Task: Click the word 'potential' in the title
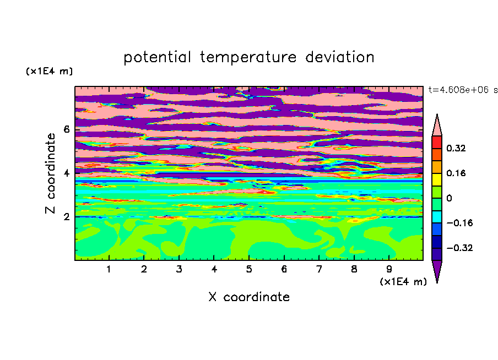point(158,57)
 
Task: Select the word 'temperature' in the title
point(248,57)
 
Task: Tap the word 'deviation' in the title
point(340,57)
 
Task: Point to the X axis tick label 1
point(109,269)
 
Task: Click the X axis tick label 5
point(249,269)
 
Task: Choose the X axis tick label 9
point(389,269)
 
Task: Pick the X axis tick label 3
point(179,269)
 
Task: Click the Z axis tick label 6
point(66,129)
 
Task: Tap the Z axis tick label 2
point(66,217)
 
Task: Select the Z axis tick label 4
point(66,173)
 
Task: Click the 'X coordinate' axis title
point(249,297)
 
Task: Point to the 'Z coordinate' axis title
point(51,173)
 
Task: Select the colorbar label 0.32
point(456,148)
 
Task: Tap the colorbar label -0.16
point(459,223)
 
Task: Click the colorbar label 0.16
point(456,173)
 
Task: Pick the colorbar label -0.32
point(459,248)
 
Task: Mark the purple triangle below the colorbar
point(437,269)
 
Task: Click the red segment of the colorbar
point(437,142)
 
